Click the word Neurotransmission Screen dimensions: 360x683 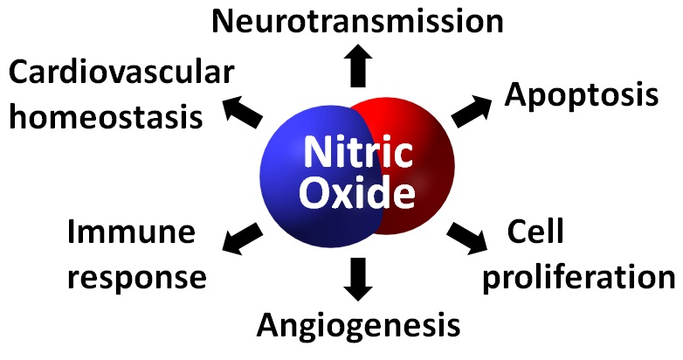click(x=358, y=20)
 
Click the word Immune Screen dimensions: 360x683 click(x=132, y=233)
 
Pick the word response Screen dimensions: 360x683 click(x=137, y=277)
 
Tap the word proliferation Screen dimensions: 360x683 click(x=580, y=277)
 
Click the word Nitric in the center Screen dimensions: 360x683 click(x=357, y=153)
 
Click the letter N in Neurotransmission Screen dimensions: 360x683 click(x=224, y=21)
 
